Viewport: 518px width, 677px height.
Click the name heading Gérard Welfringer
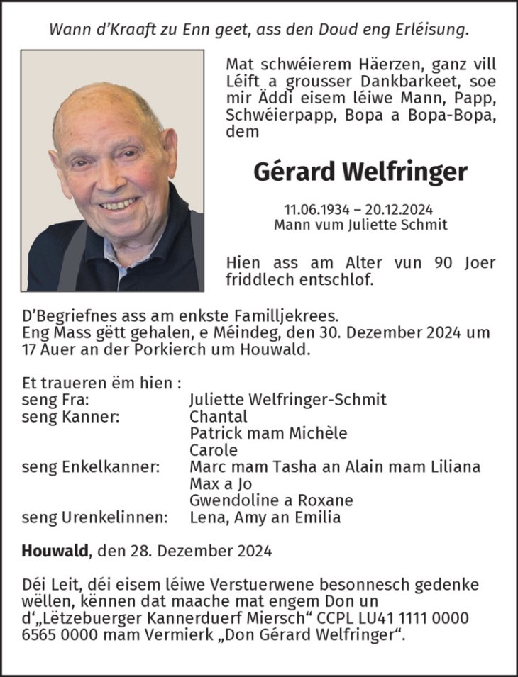point(360,172)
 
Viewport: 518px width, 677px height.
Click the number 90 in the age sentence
point(441,262)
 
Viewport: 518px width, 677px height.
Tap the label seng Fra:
point(50,400)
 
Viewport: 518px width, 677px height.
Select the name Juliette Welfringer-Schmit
point(288,400)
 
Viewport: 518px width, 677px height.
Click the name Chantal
point(219,417)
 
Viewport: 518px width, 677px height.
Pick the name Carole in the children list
point(214,450)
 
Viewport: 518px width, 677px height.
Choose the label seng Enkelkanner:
point(91,467)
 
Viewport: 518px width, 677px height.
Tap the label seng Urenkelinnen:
point(95,517)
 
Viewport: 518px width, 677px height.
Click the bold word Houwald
point(55,550)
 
